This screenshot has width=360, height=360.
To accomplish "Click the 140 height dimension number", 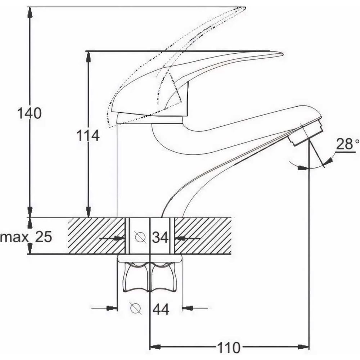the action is (x=30, y=113).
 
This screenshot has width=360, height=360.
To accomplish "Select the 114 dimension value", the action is (x=88, y=135).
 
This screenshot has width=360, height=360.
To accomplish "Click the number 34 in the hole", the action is (x=160, y=237).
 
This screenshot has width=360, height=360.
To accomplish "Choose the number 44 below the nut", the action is (x=161, y=309).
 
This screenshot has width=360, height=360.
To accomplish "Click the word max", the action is (x=14, y=237).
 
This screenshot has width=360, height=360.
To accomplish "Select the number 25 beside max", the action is (x=44, y=237).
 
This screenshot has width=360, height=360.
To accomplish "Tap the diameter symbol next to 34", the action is (x=140, y=237).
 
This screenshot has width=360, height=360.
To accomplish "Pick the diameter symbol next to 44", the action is (x=135, y=308).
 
